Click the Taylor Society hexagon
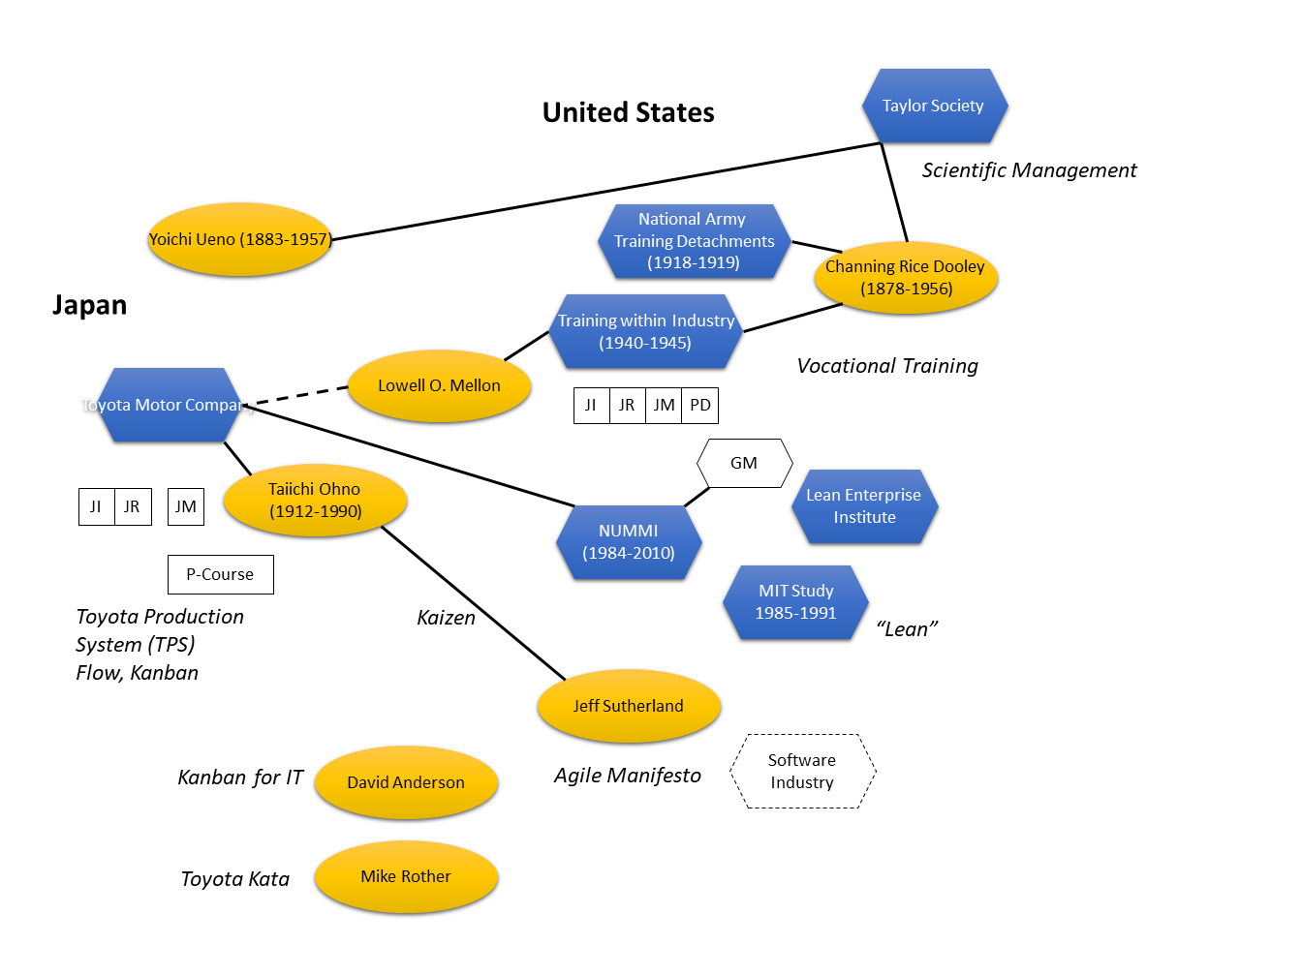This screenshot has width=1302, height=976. (x=934, y=106)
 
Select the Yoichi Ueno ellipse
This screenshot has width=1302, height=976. (x=239, y=239)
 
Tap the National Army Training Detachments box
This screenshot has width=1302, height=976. (x=694, y=241)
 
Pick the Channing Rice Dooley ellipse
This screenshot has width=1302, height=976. (x=906, y=278)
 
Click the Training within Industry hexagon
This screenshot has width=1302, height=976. (x=646, y=331)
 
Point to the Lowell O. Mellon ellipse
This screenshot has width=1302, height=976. (x=439, y=385)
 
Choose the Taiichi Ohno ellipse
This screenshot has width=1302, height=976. (x=315, y=501)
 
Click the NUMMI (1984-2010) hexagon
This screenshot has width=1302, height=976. (x=629, y=542)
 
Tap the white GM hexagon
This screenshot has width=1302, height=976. (x=744, y=463)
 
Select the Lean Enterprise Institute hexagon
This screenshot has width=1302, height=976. (x=864, y=506)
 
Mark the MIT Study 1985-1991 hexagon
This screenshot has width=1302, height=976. (x=795, y=602)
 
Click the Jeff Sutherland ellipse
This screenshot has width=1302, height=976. (x=629, y=706)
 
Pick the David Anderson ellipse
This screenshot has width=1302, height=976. (x=406, y=782)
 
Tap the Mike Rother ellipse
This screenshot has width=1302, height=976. (x=406, y=876)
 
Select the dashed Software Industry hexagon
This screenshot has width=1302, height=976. (x=802, y=772)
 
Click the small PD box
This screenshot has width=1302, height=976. (x=700, y=406)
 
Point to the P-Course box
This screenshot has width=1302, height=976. (x=220, y=574)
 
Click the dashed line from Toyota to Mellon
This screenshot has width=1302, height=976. (x=300, y=395)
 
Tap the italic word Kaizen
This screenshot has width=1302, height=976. (x=446, y=618)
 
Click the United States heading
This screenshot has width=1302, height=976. (x=628, y=113)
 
